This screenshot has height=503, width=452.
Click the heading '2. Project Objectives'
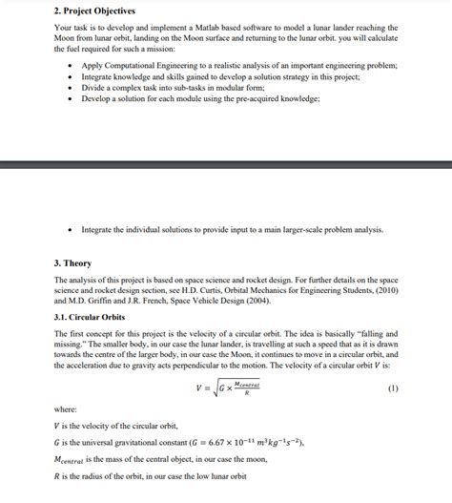pos(96,10)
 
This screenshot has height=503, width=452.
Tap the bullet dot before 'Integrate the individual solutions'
pos(72,230)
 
